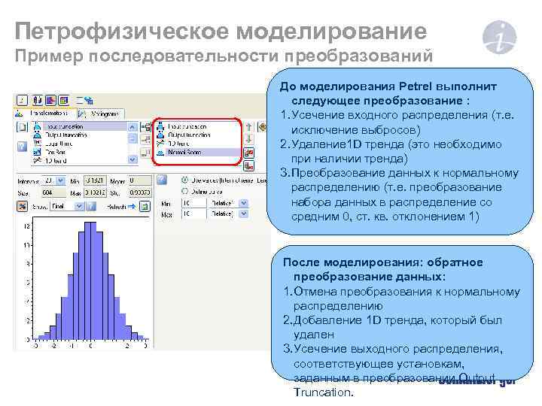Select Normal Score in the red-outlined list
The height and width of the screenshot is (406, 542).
[x=188, y=152]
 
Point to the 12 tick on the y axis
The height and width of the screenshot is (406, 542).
[x=27, y=226]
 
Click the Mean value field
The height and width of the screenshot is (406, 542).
[x=139, y=180]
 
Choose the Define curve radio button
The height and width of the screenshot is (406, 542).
[x=185, y=192]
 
